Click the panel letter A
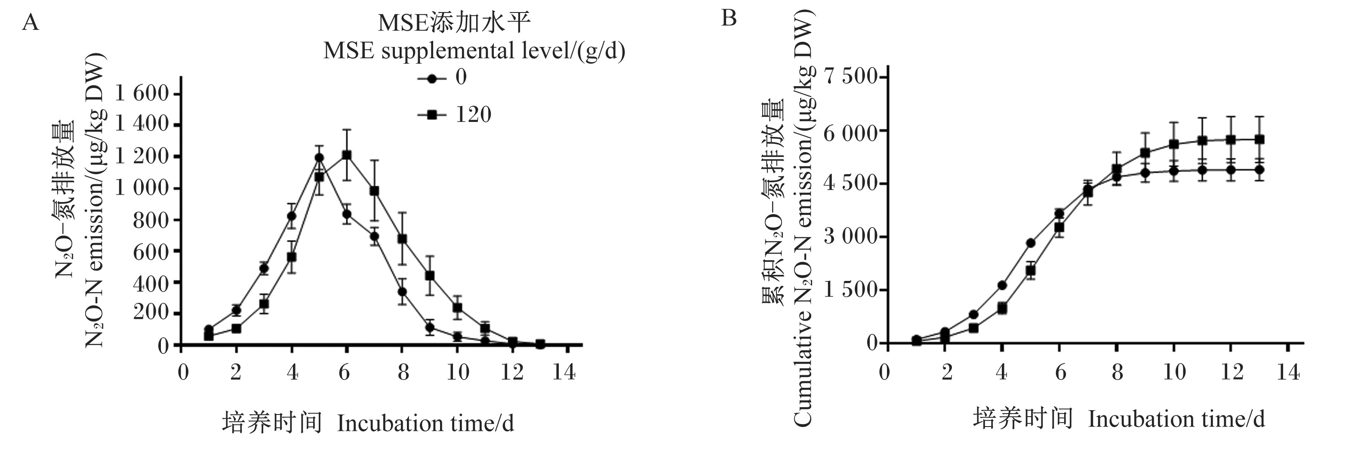coord(30,23)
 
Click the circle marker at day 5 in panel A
coord(319,158)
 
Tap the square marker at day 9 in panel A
coord(430,276)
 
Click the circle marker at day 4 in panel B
coord(1002,285)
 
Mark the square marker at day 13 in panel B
coord(1259,140)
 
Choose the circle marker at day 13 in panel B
coord(1259,170)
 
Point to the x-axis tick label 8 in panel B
coord(1117,372)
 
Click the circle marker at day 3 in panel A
coord(264,268)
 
